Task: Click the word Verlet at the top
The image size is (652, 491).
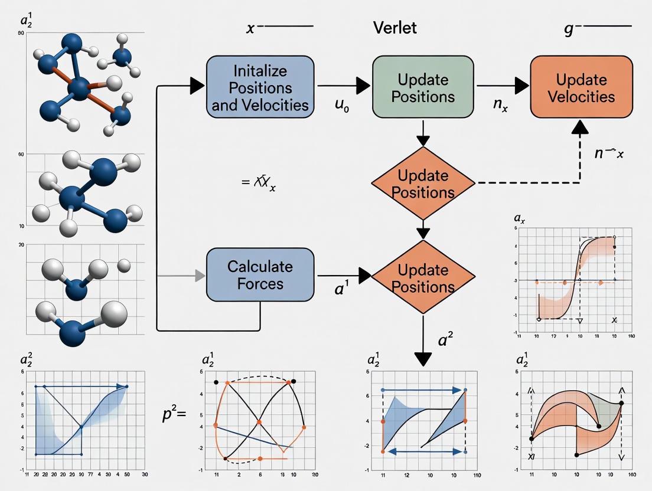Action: point(395,27)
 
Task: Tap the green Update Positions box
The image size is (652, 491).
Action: point(423,88)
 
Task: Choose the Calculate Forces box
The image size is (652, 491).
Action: point(260,275)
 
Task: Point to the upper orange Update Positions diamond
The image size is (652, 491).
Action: point(423,184)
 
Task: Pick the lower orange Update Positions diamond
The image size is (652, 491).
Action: point(423,279)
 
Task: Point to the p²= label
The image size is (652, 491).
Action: point(174,413)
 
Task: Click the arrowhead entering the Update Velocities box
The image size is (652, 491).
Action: point(520,87)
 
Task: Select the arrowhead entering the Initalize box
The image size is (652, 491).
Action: point(197,87)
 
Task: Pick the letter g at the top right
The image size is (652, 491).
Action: point(568,30)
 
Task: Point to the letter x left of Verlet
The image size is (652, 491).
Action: point(250,28)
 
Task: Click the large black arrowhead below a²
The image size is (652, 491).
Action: point(423,358)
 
